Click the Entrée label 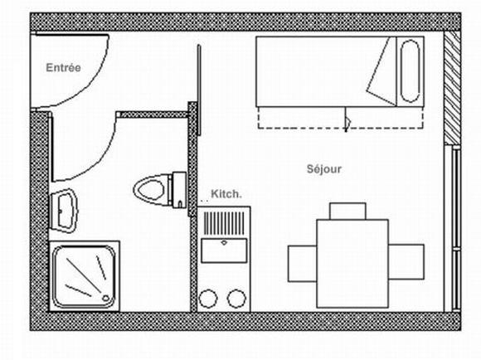point(63,67)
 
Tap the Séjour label point(324,168)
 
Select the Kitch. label point(226,194)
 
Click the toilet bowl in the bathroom point(151,189)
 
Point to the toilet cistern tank point(179,190)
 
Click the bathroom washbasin point(64,211)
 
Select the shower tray point(84,276)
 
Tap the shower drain point(105,298)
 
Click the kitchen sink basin point(224,251)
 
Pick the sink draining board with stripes point(224,223)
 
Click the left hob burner point(208,299)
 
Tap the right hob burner point(236,299)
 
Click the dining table point(352,263)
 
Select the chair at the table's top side point(347,212)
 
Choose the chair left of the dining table point(303,264)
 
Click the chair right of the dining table point(406,262)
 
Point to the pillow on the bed point(410,71)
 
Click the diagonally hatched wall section point(452,88)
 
